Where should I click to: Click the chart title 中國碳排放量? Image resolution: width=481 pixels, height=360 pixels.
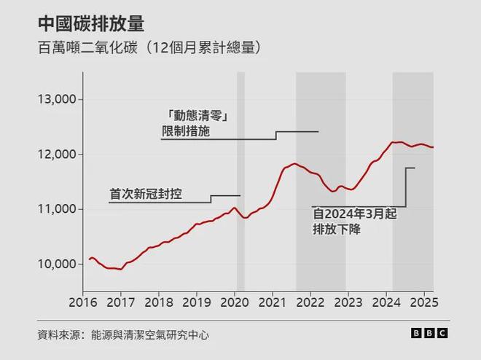click(91, 24)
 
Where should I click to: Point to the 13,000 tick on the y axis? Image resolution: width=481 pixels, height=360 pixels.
click(58, 99)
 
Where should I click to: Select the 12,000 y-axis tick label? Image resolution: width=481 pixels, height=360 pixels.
click(58, 154)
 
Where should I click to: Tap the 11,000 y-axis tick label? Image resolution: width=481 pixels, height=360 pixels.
click(58, 209)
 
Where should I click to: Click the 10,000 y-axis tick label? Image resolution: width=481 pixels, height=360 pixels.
click(58, 264)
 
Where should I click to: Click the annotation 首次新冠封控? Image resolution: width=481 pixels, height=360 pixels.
click(146, 195)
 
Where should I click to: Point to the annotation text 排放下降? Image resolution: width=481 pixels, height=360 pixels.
click(337, 229)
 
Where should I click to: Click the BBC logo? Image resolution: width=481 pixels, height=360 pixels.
click(429, 333)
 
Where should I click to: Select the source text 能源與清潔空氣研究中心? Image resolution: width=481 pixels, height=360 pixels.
click(150, 335)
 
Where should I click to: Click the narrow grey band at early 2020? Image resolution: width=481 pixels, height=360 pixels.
click(240, 182)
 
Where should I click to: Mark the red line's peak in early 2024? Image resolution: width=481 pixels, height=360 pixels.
click(394, 142)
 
